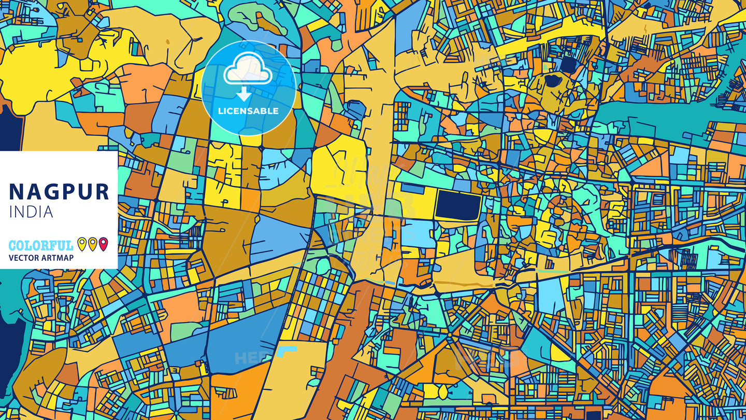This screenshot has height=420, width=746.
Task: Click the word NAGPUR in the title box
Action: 59,192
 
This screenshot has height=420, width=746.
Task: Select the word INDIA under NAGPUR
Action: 31,212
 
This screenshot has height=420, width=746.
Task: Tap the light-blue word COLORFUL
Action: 41,245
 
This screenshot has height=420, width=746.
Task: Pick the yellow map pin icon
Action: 81,244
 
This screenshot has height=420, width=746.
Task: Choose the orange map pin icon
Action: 92,244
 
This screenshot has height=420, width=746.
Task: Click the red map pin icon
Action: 103,244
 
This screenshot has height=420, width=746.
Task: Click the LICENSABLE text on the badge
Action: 248,111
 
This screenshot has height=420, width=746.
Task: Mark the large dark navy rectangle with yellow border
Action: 457,205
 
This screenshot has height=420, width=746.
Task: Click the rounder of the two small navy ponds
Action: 568,64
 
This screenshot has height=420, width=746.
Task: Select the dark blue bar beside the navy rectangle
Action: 412,189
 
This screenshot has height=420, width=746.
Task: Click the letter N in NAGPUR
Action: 17,192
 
